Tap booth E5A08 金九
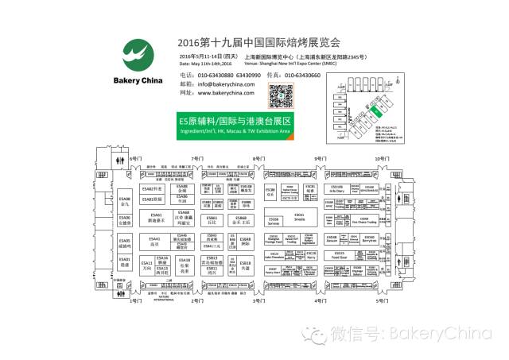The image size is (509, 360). [125, 201]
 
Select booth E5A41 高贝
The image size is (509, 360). [154, 241]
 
